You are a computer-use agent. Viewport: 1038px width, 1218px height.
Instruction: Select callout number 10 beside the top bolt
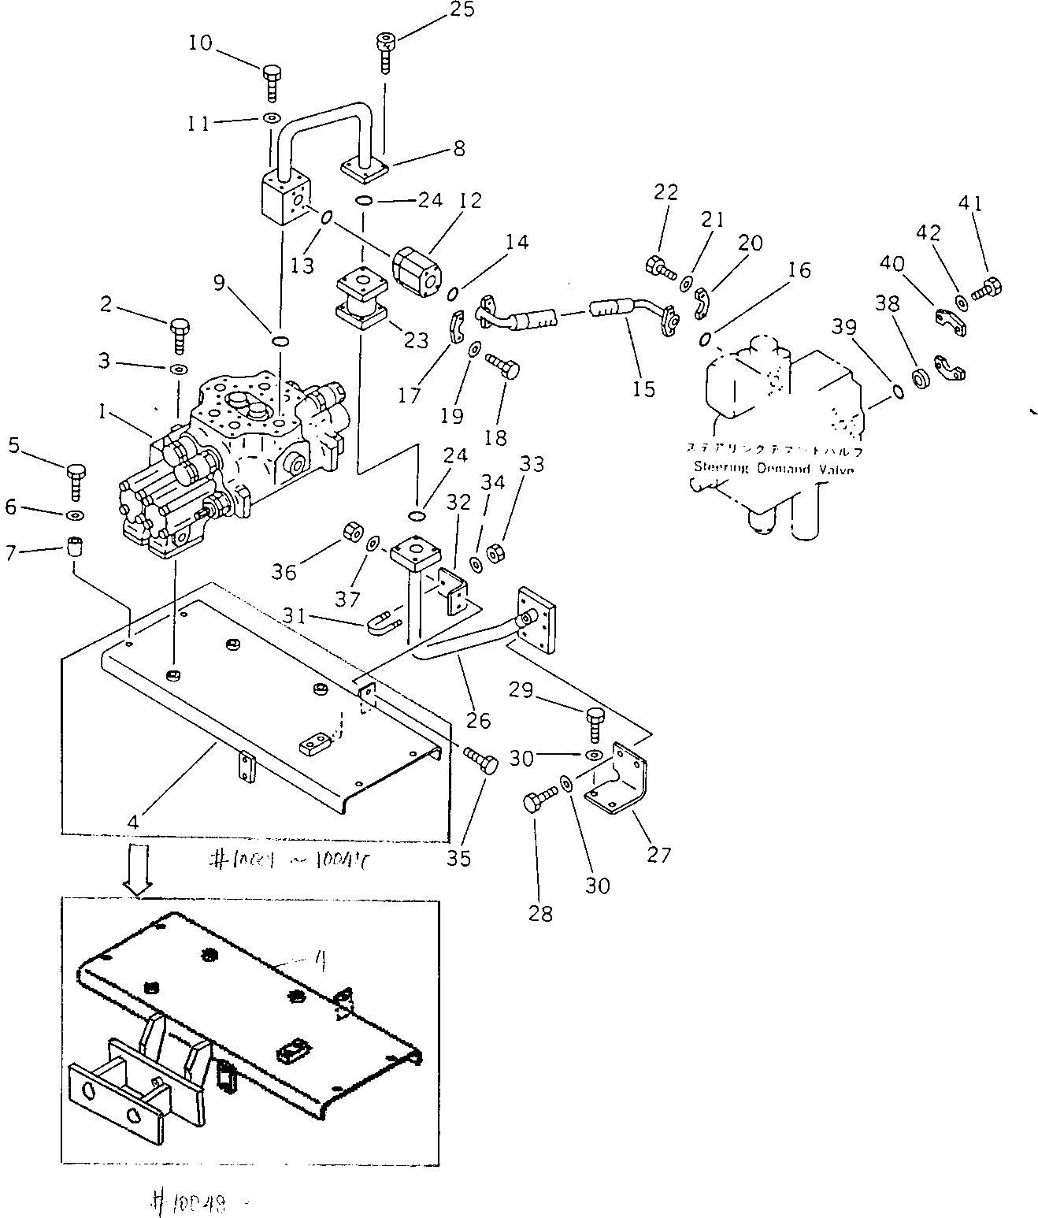201,43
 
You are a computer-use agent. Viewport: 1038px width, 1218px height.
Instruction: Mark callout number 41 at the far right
970,204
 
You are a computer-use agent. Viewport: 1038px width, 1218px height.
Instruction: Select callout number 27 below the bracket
658,853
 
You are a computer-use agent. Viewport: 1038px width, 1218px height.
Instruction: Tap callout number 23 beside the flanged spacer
416,340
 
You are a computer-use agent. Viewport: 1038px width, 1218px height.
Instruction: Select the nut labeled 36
350,536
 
